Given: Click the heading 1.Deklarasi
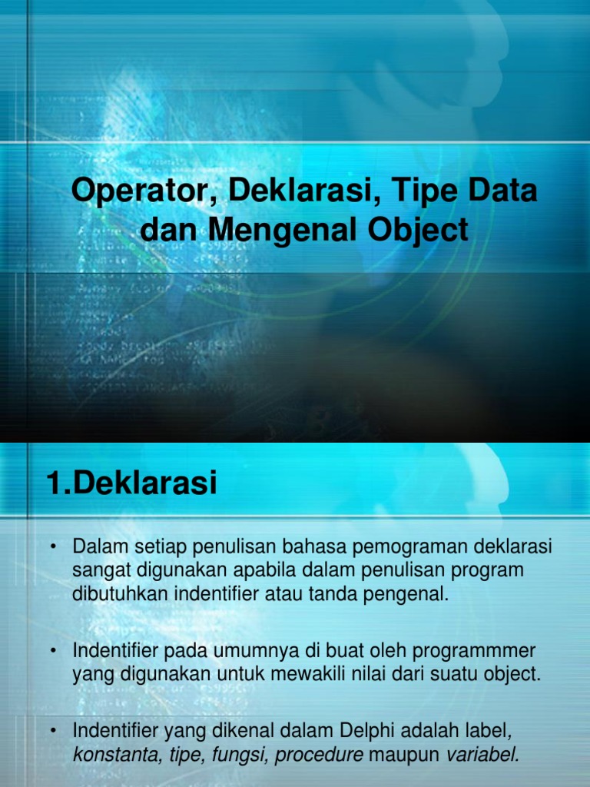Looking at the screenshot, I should click(131, 484).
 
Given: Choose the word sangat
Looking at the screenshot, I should click(98, 572).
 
